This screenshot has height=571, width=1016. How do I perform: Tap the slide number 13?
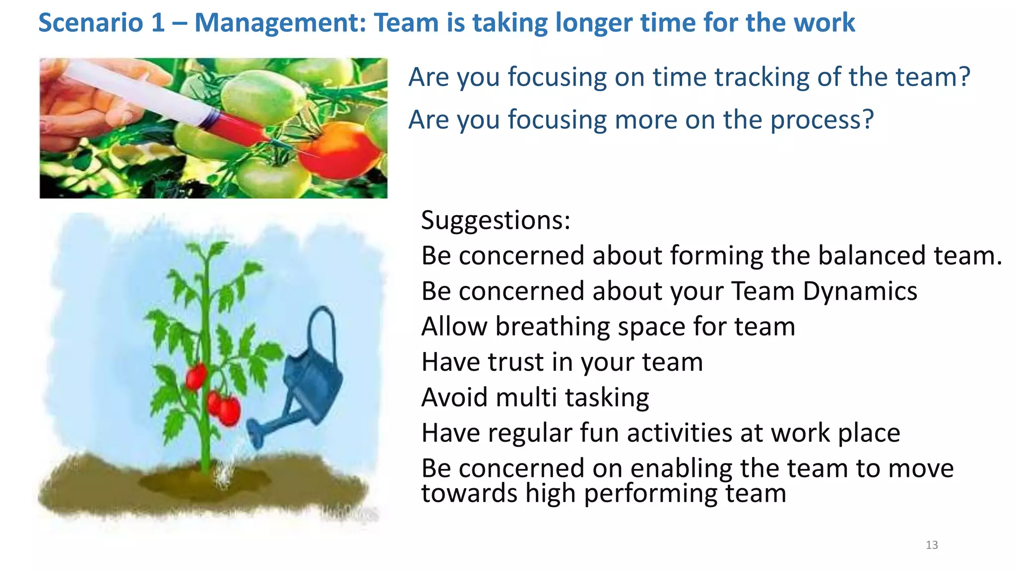[932, 545]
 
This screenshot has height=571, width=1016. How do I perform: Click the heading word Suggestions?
[496, 220]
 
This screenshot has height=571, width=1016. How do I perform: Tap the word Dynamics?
[860, 291]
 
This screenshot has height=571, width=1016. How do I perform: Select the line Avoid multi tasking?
[535, 398]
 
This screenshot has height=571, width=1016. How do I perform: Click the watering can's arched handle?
[322, 327]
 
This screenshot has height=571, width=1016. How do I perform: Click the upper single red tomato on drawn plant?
[196, 376]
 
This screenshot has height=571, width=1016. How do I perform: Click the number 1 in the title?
[157, 23]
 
